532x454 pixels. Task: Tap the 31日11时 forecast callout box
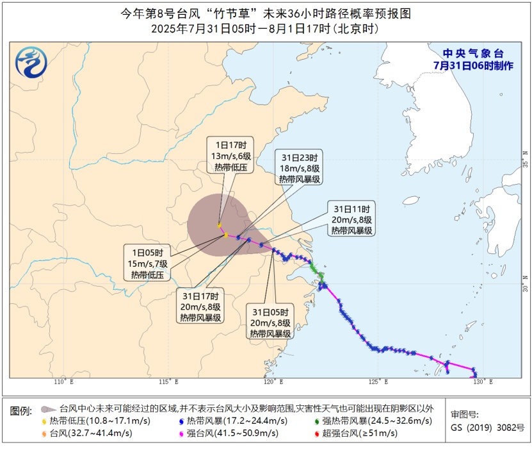tap(352, 220)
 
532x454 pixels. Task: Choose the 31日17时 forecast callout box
tap(201, 307)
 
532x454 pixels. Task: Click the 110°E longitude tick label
tap(63, 383)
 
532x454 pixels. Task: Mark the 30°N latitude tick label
tap(525, 284)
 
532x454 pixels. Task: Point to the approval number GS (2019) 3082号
tap(487, 427)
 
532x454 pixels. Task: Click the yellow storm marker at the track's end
tap(220, 225)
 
